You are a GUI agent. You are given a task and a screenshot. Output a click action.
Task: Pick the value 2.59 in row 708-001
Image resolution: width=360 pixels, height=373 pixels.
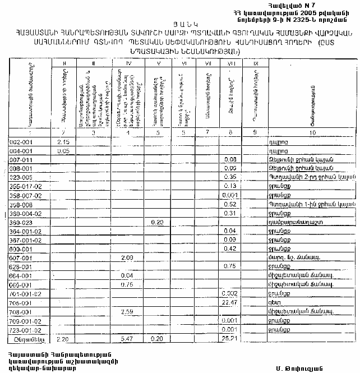(x=127, y=312)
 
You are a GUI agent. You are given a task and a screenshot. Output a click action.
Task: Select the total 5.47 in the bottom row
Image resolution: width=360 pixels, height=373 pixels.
(x=127, y=339)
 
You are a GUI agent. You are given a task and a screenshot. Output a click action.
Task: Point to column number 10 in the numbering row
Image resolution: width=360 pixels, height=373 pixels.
(x=312, y=132)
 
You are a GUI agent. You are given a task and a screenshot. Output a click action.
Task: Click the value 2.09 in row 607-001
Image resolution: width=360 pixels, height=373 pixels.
(x=127, y=257)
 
